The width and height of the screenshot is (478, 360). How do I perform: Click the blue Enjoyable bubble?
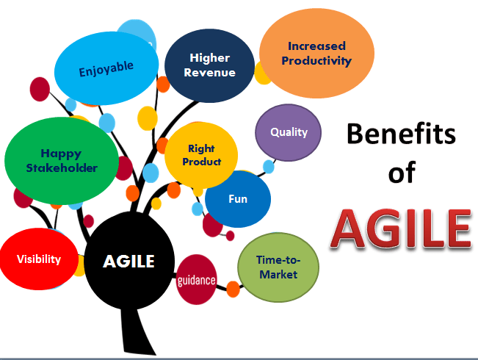tap(106, 68)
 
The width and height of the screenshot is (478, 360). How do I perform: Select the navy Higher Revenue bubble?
tap(210, 65)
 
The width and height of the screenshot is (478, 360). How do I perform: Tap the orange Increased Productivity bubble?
tap(316, 53)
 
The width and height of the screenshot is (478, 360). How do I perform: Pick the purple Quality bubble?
tap(288, 132)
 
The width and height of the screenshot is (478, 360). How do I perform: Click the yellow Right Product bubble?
tap(201, 155)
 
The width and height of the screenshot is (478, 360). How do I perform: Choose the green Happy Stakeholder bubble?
tap(62, 161)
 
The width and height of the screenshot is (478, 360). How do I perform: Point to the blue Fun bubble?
tap(238, 199)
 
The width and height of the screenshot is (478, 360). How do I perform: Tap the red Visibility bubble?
tap(39, 259)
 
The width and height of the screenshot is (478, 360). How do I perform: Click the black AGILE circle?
tap(129, 261)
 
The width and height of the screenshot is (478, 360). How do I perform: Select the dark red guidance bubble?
tap(196, 280)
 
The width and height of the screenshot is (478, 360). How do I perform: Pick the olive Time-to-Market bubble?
tap(278, 267)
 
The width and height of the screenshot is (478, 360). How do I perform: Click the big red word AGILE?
tap(401, 228)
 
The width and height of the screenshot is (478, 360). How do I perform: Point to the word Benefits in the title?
tap(401, 134)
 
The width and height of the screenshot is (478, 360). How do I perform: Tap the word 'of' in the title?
tap(402, 173)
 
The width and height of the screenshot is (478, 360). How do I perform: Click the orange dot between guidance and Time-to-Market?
tap(233, 289)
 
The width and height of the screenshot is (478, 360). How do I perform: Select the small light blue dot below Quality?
tap(269, 167)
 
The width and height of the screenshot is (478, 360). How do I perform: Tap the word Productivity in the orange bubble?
tap(316, 61)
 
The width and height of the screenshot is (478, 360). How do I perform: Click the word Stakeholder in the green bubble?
tap(62, 168)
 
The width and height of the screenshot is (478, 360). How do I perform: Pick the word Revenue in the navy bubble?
tap(210, 73)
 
